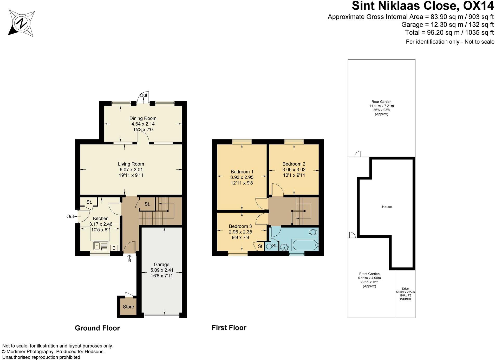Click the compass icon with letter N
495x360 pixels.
point(22,24)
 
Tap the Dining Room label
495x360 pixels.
point(143,118)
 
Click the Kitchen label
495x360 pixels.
point(101,218)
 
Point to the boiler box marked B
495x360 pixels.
point(114,248)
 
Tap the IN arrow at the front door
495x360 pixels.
point(129,258)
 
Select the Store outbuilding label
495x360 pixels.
point(128,307)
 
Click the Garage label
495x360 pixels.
point(161,265)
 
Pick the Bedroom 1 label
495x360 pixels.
point(242,172)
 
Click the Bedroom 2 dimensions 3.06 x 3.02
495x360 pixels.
point(294,170)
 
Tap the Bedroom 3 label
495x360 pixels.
point(240,226)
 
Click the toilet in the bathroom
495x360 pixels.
point(314,232)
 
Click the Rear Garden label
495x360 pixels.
point(381,102)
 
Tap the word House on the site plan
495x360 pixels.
point(387,207)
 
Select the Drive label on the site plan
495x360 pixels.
point(405,289)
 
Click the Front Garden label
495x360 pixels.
point(369,274)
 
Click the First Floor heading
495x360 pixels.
point(229,328)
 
